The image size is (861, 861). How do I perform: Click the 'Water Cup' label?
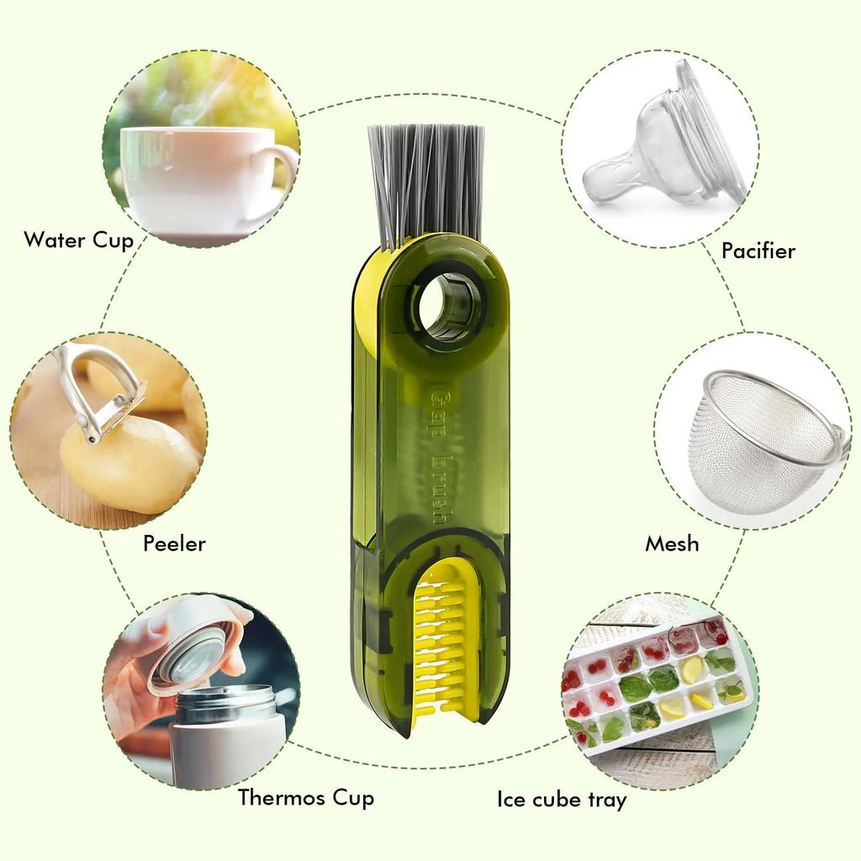78,240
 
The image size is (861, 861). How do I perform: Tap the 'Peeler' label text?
174,543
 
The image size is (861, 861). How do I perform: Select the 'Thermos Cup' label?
305,797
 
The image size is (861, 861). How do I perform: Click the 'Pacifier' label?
758,251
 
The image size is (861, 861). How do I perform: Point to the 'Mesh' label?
672,544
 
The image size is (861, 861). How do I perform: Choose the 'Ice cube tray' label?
561,799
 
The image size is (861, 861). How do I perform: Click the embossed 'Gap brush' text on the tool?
438,455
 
